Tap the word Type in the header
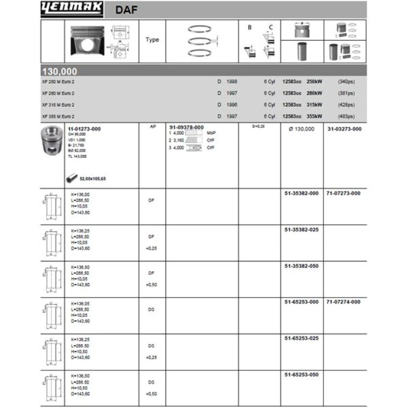tap(152, 40)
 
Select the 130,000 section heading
tap(60, 72)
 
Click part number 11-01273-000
tap(84, 129)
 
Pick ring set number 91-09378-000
tap(186, 128)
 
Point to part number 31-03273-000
tap(344, 129)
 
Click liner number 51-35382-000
tap(301, 194)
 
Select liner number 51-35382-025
tap(301, 230)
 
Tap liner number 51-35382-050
tap(301, 266)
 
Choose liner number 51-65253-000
tap(301, 302)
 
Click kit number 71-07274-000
tap(344, 302)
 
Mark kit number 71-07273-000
tap(344, 194)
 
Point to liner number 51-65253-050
tap(301, 375)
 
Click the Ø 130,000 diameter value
tap(301, 129)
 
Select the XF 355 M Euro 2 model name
tap(58, 116)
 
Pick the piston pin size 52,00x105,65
tap(93, 179)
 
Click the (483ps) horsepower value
tap(346, 116)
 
